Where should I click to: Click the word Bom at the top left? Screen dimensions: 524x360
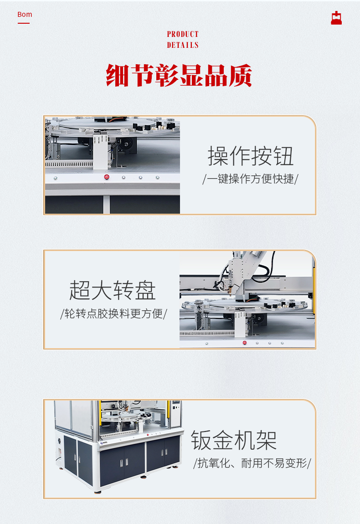point(25,15)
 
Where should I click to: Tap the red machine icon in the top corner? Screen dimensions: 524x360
point(336,18)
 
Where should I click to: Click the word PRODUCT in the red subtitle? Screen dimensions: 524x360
point(182,34)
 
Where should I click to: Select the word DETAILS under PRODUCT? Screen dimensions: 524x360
point(182,45)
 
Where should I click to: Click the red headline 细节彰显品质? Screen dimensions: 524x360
point(179,75)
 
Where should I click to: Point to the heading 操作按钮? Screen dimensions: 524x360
point(251,156)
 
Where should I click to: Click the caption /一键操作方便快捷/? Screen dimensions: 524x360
point(250,179)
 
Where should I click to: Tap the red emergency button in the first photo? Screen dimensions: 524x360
point(107,177)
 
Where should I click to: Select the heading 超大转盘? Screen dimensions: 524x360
point(112,290)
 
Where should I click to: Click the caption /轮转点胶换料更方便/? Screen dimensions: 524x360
point(113,313)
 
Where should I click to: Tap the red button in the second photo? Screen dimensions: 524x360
point(244,342)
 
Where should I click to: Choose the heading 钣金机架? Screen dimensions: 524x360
point(233,440)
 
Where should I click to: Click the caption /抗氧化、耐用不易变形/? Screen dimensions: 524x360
point(252,463)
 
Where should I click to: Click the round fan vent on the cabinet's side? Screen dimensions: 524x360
point(59,442)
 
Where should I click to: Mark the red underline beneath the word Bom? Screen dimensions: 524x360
point(24,23)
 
